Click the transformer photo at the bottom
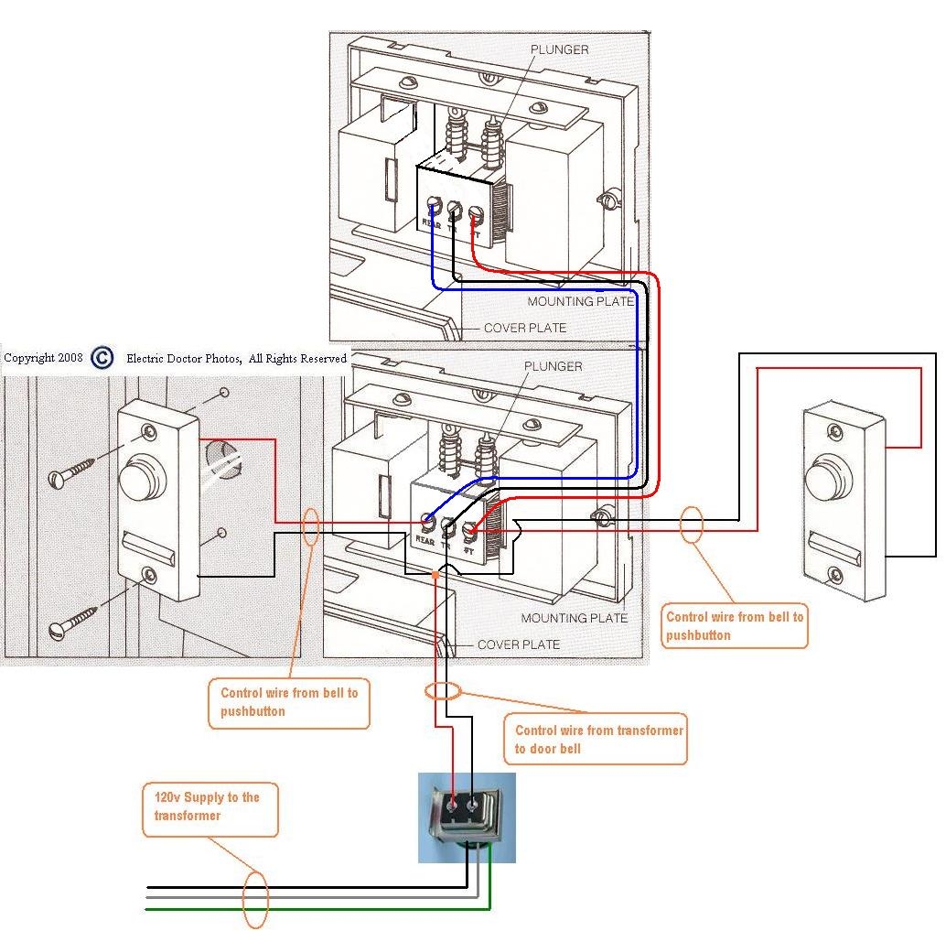[467, 817]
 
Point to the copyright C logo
[102, 358]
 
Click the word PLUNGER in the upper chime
[560, 49]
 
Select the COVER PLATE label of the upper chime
[525, 328]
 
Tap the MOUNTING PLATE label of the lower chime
[575, 618]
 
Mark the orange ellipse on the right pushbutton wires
[693, 524]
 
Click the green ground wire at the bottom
[320, 908]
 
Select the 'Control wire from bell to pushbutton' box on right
[735, 626]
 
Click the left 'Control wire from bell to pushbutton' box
[289, 702]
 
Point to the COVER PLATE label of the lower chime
[519, 644]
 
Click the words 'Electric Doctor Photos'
[183, 359]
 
